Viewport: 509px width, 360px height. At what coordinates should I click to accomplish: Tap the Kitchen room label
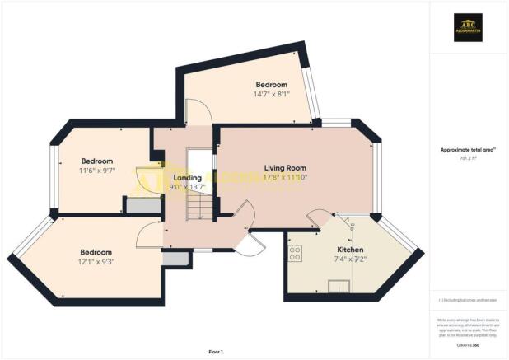(x=351, y=249)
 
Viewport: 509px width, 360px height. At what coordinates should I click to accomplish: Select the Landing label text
(x=188, y=176)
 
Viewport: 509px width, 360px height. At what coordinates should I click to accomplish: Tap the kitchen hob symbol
(x=295, y=253)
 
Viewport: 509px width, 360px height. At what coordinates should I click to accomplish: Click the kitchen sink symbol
(x=339, y=285)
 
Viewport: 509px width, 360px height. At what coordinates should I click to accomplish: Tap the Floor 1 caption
(x=216, y=352)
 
